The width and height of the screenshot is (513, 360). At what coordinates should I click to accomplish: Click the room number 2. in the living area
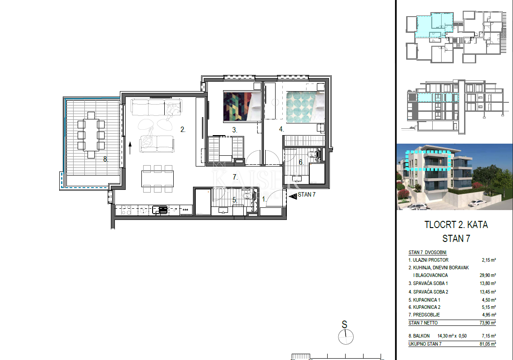point(183,130)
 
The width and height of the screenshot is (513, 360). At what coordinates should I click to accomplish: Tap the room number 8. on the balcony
point(105,158)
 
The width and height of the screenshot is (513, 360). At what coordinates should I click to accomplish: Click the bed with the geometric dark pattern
point(241,106)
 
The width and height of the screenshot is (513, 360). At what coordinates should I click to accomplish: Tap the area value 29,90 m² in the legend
point(487,275)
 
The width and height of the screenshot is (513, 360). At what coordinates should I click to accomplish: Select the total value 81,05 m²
point(487,344)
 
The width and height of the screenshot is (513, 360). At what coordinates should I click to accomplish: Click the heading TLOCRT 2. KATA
point(456,225)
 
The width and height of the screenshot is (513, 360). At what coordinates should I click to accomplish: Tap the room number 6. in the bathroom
point(301,162)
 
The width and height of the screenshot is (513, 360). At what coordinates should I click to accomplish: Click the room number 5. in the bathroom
point(234,200)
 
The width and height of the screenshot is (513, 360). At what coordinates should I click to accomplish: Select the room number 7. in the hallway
point(234,177)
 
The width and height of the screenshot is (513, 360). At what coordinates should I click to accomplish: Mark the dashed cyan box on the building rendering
point(426,161)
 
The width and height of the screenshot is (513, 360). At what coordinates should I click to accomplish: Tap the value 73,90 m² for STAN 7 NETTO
point(487,323)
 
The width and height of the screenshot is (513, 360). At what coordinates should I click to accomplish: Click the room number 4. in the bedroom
point(281,129)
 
